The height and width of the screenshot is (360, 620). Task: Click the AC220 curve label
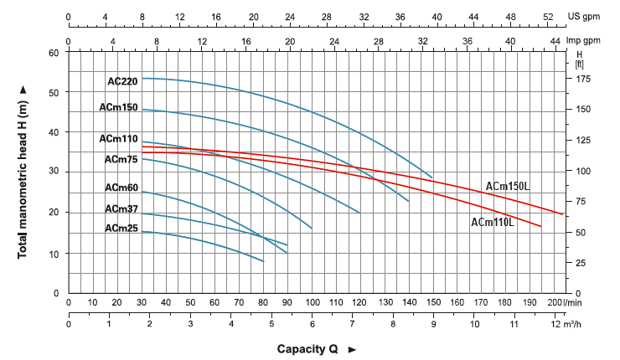pos(122,81)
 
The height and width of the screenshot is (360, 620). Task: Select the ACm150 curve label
pos(117,107)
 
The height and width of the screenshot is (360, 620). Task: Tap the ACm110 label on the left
pos(117,138)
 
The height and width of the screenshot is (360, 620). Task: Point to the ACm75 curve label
pos(121,159)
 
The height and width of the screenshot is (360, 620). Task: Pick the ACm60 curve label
pos(121,188)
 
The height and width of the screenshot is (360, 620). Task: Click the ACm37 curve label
pos(121,208)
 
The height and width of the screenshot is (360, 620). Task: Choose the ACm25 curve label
pos(121,228)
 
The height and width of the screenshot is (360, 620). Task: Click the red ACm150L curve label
pos(508,186)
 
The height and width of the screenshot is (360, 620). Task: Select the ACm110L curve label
pos(493,223)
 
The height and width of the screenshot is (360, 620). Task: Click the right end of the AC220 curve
pos(432,177)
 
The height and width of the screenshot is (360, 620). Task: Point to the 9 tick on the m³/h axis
pos(433,322)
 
